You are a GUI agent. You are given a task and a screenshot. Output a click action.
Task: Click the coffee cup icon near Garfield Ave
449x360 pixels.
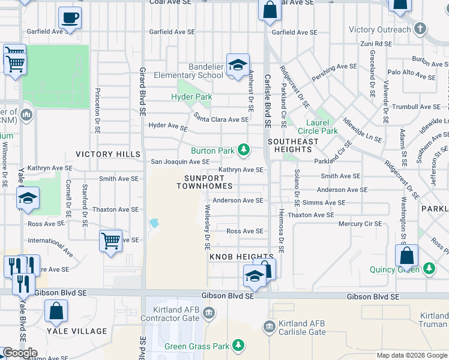70,18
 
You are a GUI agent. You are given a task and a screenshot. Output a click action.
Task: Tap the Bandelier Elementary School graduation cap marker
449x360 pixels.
238,66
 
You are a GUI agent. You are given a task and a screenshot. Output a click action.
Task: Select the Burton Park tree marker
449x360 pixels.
244,149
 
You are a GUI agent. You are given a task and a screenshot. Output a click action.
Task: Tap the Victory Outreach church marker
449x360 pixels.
421,29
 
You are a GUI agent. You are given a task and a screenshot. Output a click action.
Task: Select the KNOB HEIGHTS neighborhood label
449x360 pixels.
233,257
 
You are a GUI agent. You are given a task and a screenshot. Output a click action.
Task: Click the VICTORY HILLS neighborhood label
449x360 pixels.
108,154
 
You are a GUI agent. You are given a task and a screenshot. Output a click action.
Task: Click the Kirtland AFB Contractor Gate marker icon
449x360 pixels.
208,311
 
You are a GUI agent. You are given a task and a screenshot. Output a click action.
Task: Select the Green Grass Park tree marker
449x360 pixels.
239,346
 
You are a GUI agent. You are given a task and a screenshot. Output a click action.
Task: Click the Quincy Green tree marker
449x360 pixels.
429,268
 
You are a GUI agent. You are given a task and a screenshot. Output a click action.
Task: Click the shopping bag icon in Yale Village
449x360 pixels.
56,311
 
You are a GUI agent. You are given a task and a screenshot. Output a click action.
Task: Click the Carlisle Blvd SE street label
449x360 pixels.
268,96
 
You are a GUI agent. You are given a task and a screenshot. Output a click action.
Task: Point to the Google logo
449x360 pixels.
20,353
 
